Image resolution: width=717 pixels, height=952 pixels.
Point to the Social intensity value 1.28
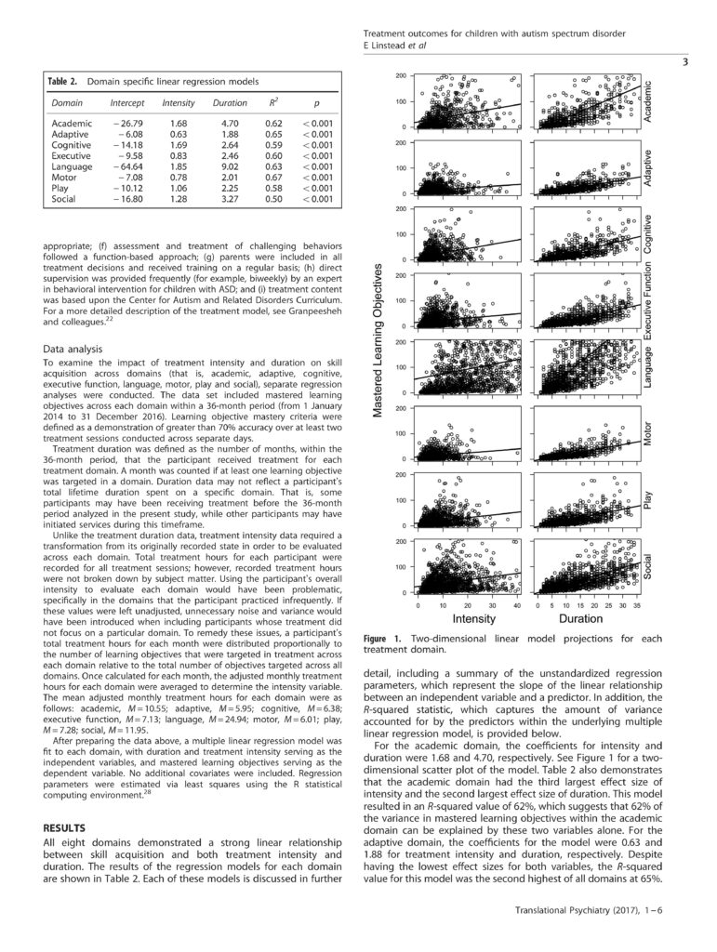click(x=178, y=199)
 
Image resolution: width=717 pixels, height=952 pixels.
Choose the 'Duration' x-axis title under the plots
click(x=581, y=618)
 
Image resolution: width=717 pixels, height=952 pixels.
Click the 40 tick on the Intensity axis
click(x=517, y=604)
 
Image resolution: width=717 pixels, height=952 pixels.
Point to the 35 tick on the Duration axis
click(x=637, y=604)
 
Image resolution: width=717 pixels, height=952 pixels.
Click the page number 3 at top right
click(x=684, y=64)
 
